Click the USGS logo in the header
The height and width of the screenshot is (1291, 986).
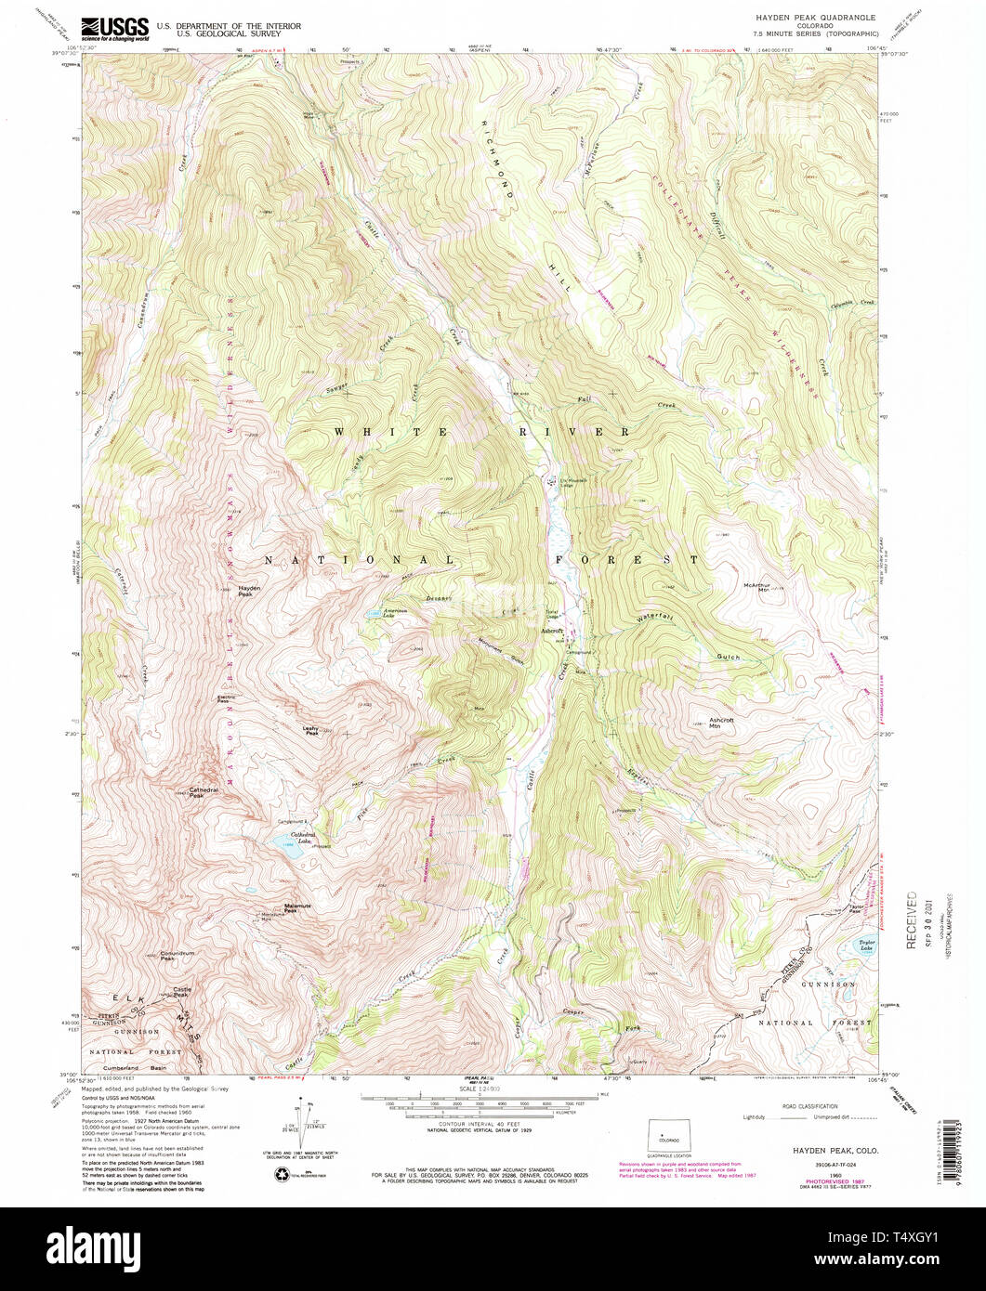tap(116, 29)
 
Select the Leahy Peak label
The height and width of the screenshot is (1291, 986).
tap(311, 731)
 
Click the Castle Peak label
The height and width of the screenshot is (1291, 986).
tap(182, 993)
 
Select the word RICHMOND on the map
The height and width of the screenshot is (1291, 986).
tap(497, 155)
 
